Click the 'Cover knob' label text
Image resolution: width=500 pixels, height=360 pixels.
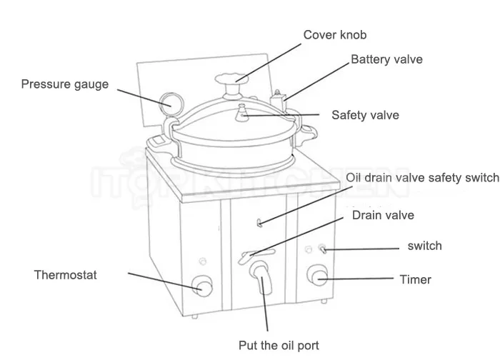(335, 35)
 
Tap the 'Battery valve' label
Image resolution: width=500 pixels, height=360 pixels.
(386, 59)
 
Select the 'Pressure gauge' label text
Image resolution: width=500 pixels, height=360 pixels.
(65, 84)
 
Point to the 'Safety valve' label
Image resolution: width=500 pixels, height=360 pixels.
(365, 115)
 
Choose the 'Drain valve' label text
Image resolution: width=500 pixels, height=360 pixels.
(383, 215)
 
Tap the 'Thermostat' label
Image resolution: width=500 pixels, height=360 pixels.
(65, 274)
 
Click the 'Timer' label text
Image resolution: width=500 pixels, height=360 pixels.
(415, 279)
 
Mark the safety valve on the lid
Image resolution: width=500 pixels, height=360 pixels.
(243, 112)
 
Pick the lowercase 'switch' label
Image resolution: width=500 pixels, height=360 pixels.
(424, 246)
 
